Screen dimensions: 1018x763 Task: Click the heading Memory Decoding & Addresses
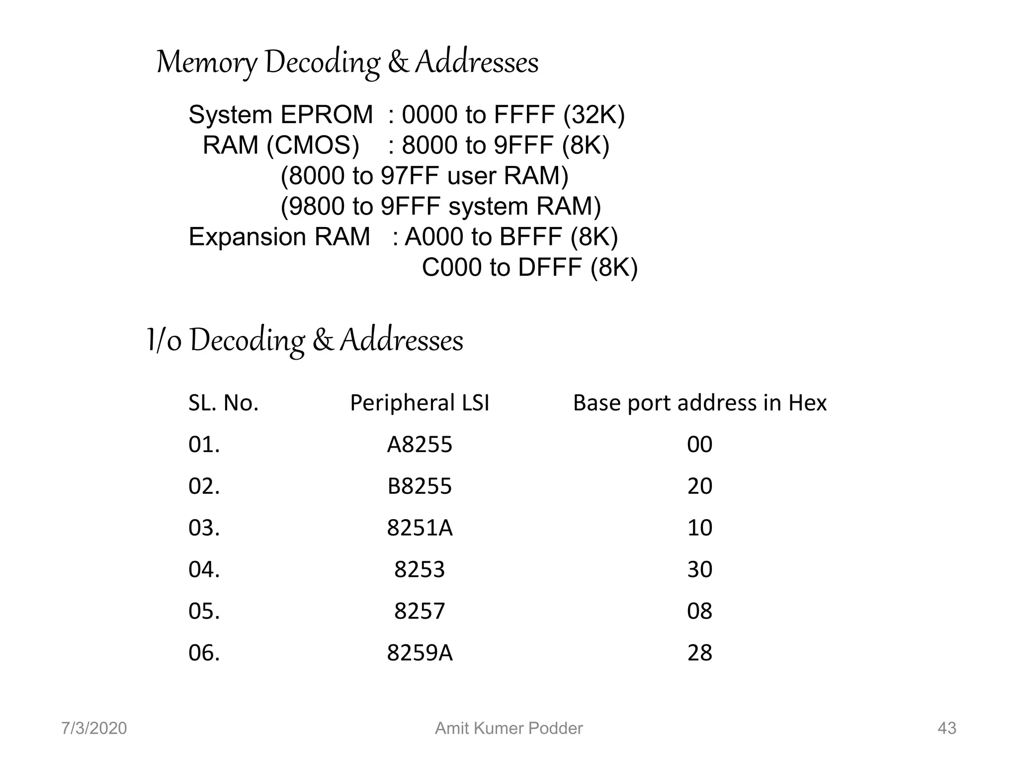tap(347, 63)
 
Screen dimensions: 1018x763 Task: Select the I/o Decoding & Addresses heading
tap(305, 341)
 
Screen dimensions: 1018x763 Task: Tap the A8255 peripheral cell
tap(420, 445)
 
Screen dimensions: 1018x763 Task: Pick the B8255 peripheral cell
tap(420, 486)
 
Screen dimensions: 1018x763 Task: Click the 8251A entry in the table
tap(420, 528)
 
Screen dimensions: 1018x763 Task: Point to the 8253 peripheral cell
tap(420, 570)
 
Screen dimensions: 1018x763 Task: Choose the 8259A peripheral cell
tap(420, 653)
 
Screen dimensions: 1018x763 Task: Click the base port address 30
tap(699, 570)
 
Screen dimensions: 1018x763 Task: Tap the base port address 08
tap(699, 611)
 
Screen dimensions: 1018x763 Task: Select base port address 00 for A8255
tap(699, 445)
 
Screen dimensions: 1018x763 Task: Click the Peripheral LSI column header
tap(420, 403)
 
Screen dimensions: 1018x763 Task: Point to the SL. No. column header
tap(223, 403)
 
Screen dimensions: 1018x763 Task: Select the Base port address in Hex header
tap(699, 403)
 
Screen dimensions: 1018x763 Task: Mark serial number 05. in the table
tap(204, 611)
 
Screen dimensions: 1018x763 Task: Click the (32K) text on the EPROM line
tap(594, 115)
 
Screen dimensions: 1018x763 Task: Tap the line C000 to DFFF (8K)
tap(529, 268)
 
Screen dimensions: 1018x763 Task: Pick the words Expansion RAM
tap(279, 237)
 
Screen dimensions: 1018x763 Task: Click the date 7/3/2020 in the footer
tap(94, 728)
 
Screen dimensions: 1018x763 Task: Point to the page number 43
tap(946, 728)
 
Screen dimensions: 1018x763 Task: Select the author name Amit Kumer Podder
tap(509, 728)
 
